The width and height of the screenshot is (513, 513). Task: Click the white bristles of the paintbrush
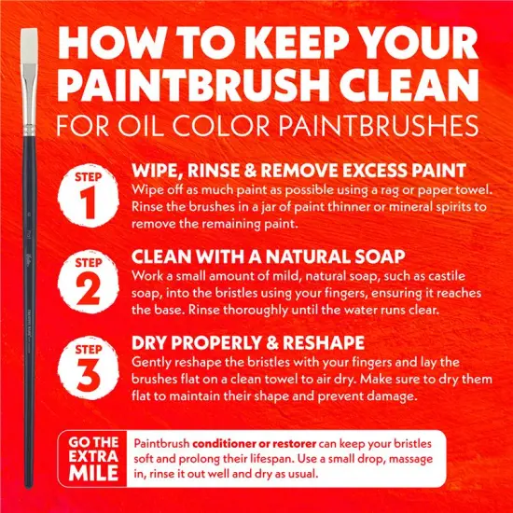click(x=29, y=46)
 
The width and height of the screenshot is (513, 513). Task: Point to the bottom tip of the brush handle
click(x=29, y=488)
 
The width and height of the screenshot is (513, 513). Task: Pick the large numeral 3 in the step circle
click(x=88, y=375)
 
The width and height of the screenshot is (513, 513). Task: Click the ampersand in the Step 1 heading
click(x=250, y=171)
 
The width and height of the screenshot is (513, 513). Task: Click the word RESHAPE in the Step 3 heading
click(x=324, y=343)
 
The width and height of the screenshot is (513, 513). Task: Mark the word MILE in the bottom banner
click(x=93, y=473)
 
